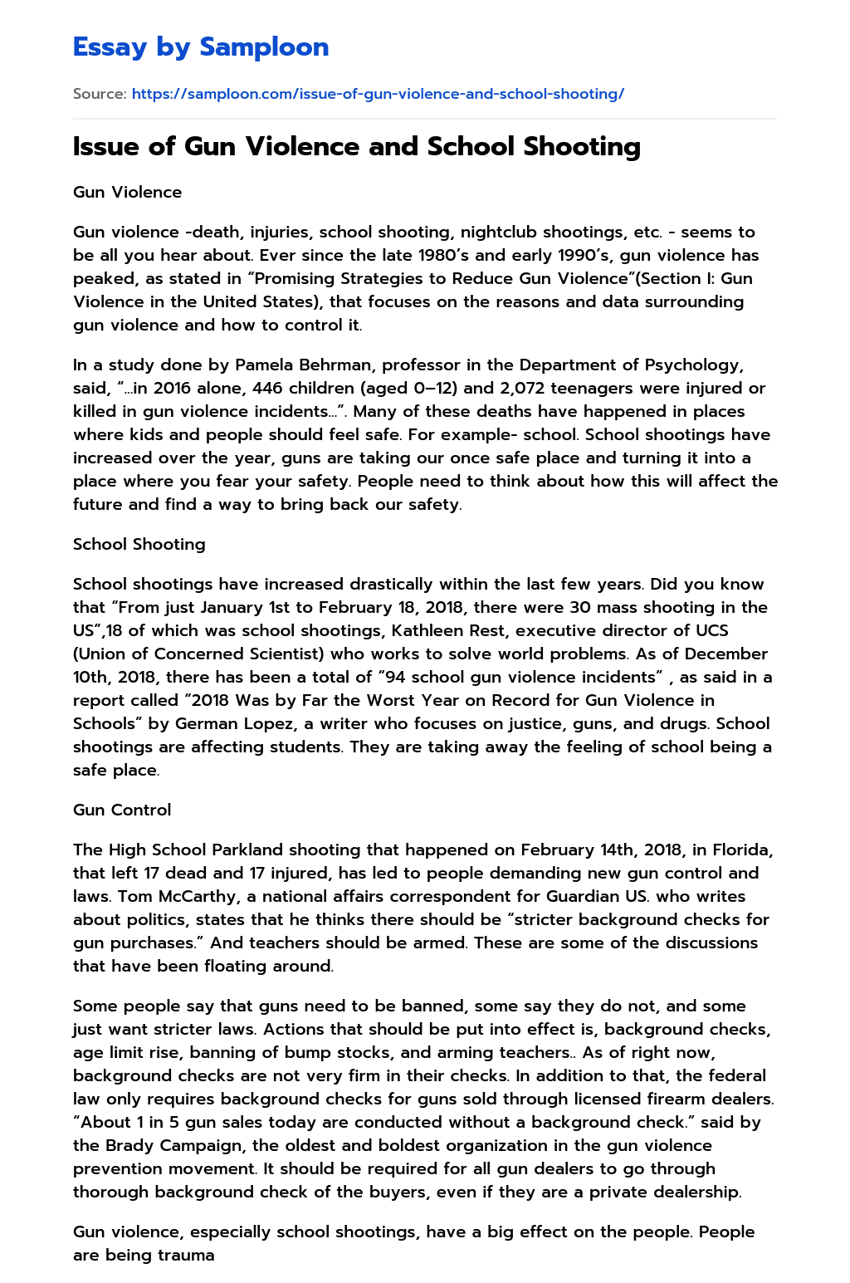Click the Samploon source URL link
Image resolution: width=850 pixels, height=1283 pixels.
(378, 94)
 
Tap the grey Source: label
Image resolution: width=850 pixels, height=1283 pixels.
(100, 94)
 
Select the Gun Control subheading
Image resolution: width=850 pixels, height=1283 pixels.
(122, 810)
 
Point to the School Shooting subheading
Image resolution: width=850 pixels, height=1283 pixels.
(139, 544)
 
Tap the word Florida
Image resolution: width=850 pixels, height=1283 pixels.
(742, 850)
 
